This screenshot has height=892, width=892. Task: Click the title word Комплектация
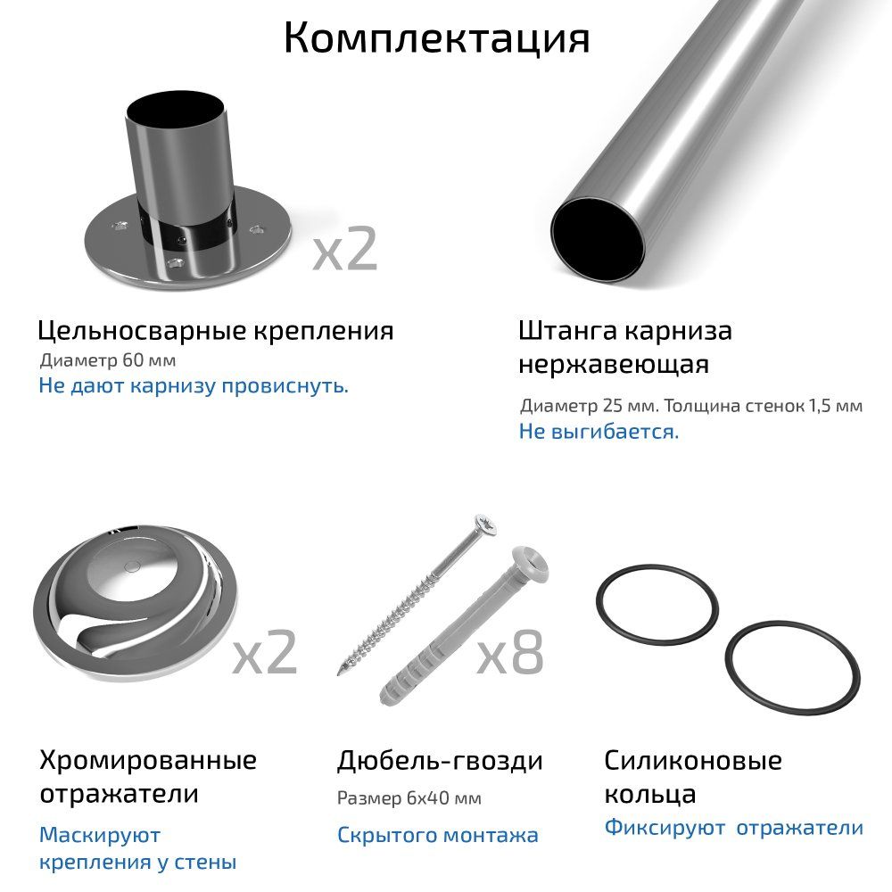pyautogui.click(x=437, y=38)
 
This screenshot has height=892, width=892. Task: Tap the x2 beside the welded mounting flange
pyautogui.click(x=345, y=249)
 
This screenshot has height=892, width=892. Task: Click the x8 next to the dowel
pyautogui.click(x=510, y=653)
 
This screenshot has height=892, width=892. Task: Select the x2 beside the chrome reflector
pyautogui.click(x=265, y=653)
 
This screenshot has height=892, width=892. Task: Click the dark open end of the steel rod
pyautogui.click(x=598, y=240)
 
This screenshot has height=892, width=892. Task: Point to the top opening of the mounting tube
pyautogui.click(x=175, y=110)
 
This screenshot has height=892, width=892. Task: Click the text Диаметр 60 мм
pyautogui.click(x=108, y=360)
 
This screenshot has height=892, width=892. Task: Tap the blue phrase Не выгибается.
pyautogui.click(x=599, y=432)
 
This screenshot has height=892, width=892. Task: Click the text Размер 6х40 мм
pyautogui.click(x=409, y=798)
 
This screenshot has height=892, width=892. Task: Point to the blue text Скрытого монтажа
pyautogui.click(x=437, y=835)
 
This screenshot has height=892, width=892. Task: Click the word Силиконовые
pyautogui.click(x=693, y=761)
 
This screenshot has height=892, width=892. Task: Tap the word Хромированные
pyautogui.click(x=148, y=761)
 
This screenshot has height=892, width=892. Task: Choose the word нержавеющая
pyautogui.click(x=614, y=364)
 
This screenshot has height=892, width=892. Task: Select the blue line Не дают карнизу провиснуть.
pyautogui.click(x=194, y=385)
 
